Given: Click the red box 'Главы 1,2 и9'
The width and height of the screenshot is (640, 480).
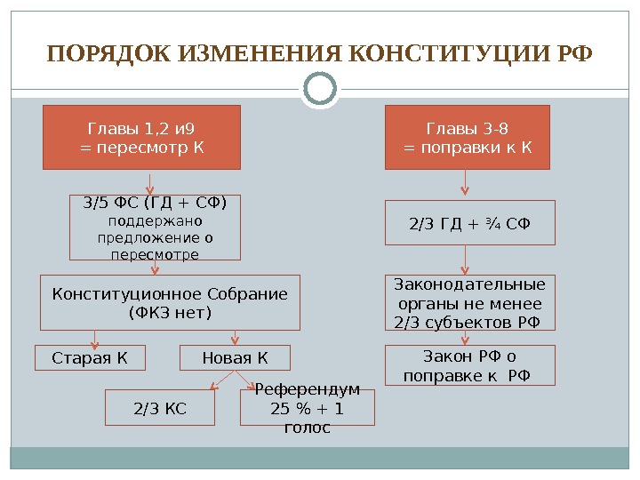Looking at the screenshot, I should coord(142,137).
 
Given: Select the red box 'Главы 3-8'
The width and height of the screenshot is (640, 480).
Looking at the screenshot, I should coord(468,137).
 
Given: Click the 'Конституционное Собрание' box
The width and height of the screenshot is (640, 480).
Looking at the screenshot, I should coord(170,303).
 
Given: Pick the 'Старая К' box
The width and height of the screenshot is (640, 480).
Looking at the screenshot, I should coord(89,358).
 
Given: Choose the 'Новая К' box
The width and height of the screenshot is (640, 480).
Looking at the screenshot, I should coord(235,358).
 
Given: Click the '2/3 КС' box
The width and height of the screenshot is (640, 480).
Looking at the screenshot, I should coord(160,409).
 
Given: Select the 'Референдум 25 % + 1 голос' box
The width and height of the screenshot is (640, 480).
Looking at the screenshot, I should coord(308,409).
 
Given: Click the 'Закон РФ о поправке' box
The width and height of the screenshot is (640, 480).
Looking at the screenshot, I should coord(468,366).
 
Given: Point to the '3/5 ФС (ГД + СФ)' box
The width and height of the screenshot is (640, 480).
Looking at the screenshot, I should coord(155,228).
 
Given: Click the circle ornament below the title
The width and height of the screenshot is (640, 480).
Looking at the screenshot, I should coord(320,89).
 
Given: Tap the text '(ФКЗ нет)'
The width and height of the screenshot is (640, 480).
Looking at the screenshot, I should coord(170,313).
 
